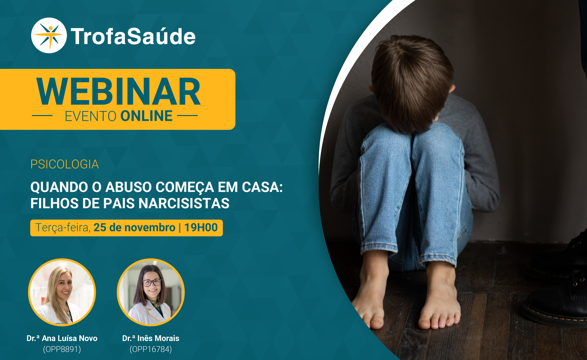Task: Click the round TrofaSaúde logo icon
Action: point(49,35)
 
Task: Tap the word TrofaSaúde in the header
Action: point(133,36)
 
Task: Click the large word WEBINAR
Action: point(118,92)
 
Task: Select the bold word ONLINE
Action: point(146,116)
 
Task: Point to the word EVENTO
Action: point(90,116)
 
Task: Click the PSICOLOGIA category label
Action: point(64,164)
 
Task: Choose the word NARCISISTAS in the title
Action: point(184,203)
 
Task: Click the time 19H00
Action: point(201,228)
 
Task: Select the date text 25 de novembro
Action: point(134,228)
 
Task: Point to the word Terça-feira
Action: point(63,228)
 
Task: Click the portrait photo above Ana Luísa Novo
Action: point(62,292)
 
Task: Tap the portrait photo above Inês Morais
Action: point(151,292)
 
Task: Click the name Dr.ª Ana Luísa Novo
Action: point(62,338)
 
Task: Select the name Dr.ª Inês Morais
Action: point(151,338)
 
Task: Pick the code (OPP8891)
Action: point(62,349)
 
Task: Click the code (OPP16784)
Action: point(151,349)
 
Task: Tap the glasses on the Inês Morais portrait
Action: point(152,283)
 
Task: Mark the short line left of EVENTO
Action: point(42,115)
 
